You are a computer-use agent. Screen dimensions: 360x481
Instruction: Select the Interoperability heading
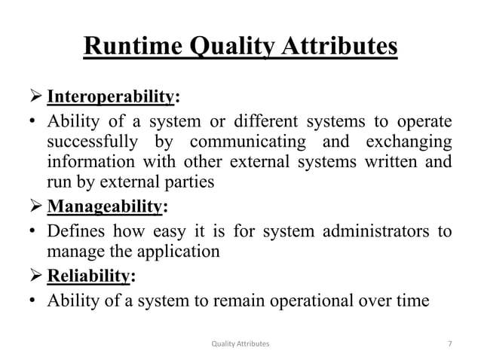pos(112,97)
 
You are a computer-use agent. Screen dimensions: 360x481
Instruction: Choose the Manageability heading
pos(104,206)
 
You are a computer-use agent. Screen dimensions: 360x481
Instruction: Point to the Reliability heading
pos(87,276)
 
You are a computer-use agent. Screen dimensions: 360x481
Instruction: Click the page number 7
pos(449,343)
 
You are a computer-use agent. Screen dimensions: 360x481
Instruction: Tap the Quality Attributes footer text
pos(240,343)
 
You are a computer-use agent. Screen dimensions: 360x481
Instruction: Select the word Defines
pos(72,230)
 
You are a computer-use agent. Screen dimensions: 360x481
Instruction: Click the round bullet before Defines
pos(32,230)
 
